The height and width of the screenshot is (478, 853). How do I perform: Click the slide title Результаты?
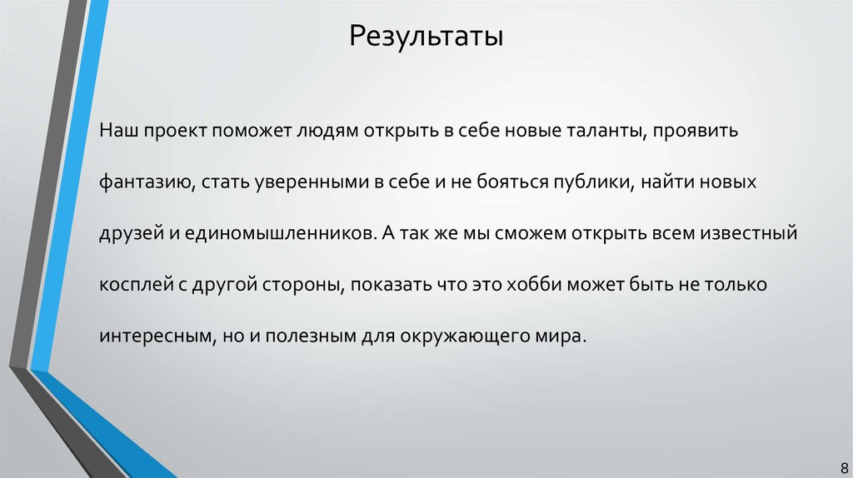[x=426, y=37]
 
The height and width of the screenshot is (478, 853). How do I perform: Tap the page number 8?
[x=836, y=467]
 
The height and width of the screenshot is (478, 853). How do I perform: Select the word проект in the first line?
[x=171, y=132]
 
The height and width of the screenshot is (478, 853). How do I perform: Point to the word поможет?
[x=247, y=132]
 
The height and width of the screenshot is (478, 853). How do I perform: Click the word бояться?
[x=481, y=183]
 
